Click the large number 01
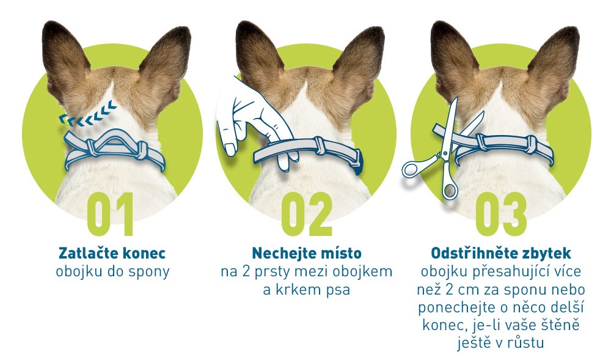point(111,215)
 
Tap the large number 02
point(307,215)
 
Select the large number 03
point(501,215)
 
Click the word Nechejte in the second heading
point(278,253)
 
